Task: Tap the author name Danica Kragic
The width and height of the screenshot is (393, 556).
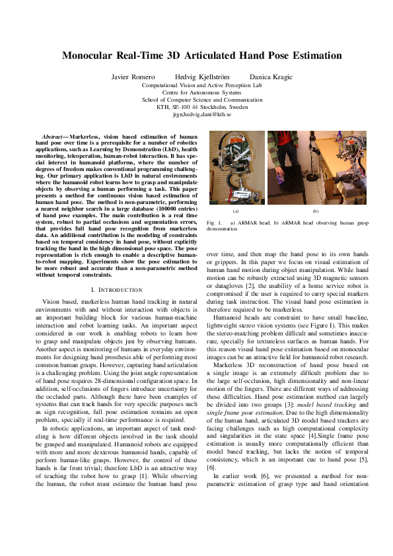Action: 271,77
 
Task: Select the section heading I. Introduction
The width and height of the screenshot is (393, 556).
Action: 116,289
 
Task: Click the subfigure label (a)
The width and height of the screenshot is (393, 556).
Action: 236,211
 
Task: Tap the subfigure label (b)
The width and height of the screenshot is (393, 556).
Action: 316,211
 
